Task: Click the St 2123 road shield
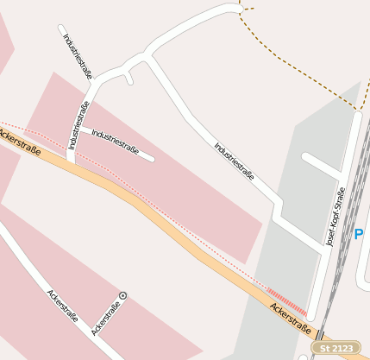(x=336, y=347)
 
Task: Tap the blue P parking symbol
(x=361, y=234)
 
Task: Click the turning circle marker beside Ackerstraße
(x=122, y=295)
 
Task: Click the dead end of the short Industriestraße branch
(x=151, y=158)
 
